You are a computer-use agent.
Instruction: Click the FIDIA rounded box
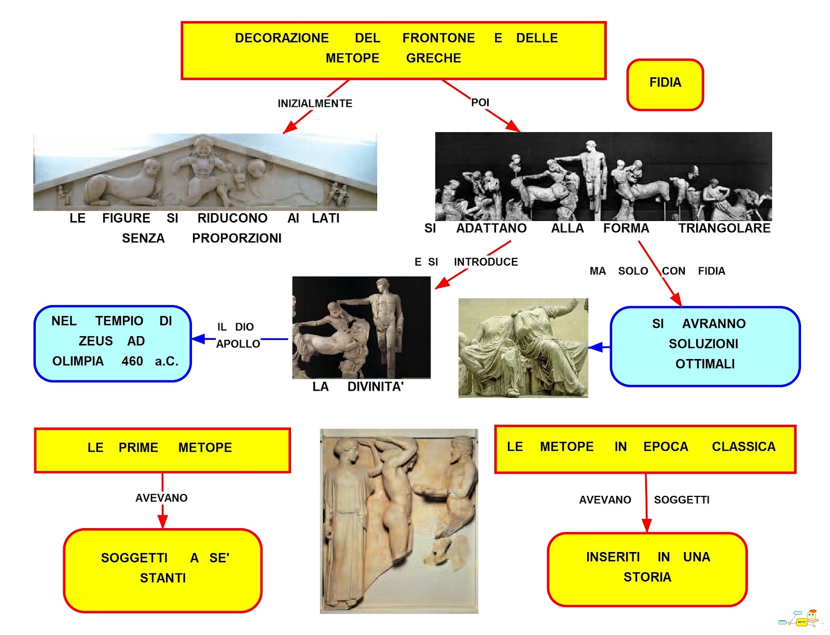pyautogui.click(x=665, y=85)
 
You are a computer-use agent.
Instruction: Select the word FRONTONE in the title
pyautogui.click(x=438, y=38)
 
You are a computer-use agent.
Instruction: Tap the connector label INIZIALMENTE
pyautogui.click(x=315, y=103)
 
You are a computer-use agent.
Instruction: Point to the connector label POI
pyautogui.click(x=480, y=103)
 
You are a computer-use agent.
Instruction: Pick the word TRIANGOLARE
pyautogui.click(x=724, y=228)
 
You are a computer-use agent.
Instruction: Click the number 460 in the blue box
pyautogui.click(x=132, y=361)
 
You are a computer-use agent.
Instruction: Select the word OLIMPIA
pyautogui.click(x=78, y=361)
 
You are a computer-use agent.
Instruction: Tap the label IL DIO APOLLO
pyautogui.click(x=238, y=335)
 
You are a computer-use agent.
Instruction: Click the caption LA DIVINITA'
pyautogui.click(x=358, y=386)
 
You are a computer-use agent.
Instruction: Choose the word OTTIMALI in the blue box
pyautogui.click(x=705, y=364)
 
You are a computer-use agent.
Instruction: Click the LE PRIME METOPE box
pyautogui.click(x=162, y=450)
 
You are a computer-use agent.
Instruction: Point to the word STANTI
pyautogui.click(x=163, y=578)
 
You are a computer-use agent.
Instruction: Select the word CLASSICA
pyautogui.click(x=743, y=447)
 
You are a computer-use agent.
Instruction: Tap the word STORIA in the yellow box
pyautogui.click(x=647, y=577)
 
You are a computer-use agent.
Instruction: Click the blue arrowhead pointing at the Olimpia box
pyautogui.click(x=199, y=339)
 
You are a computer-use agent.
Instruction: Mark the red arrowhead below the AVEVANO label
pyautogui.click(x=162, y=522)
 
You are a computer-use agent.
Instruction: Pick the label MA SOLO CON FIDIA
pyautogui.click(x=657, y=271)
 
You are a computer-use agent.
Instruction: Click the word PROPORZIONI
pyautogui.click(x=237, y=238)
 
